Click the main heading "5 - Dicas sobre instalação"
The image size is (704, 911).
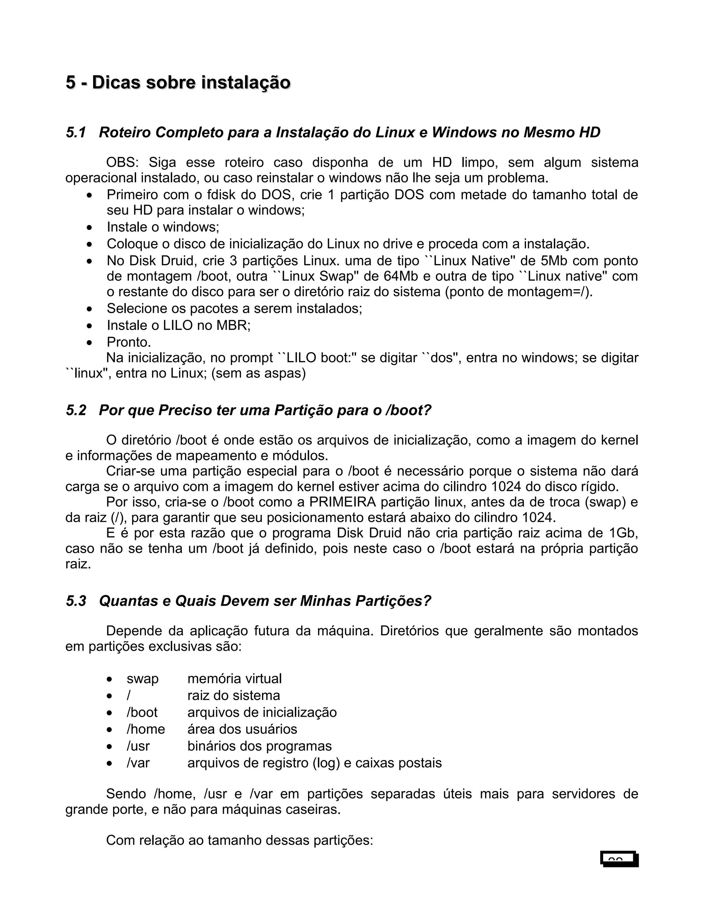tap(178, 83)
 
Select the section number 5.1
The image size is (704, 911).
tap(76, 133)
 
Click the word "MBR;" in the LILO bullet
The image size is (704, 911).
tap(233, 325)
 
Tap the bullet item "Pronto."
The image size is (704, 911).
tap(129, 342)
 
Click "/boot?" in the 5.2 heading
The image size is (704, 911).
tap(408, 410)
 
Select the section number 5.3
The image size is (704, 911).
tap(76, 601)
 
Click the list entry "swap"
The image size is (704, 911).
tap(143, 679)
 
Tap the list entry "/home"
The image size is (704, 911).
tap(145, 729)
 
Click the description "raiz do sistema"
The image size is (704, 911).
tap(233, 695)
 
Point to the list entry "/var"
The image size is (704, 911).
tap(138, 763)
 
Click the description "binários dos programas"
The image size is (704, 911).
tap(260, 746)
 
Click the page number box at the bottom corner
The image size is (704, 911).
tap(619, 859)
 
